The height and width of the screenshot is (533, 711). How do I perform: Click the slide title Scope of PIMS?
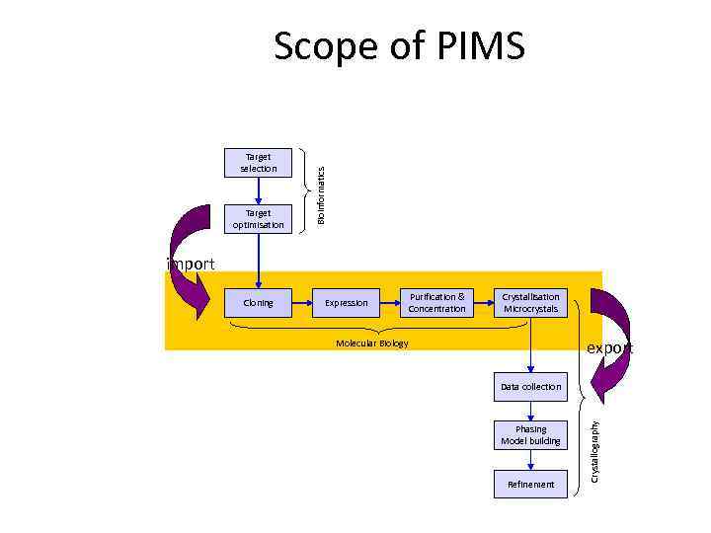click(x=399, y=46)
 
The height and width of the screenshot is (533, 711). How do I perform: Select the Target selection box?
click(x=258, y=163)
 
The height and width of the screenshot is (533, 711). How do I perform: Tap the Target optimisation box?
click(x=258, y=219)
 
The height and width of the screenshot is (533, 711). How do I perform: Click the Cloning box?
click(x=258, y=303)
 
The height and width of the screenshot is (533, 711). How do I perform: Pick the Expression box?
click(x=346, y=303)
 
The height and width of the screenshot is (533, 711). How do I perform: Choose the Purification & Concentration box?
click(x=436, y=303)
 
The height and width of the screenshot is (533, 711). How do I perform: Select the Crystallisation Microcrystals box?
click(x=530, y=303)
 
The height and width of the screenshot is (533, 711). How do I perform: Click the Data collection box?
click(x=530, y=387)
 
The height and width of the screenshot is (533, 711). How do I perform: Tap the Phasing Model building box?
click(x=530, y=435)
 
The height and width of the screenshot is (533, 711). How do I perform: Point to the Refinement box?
click(x=530, y=484)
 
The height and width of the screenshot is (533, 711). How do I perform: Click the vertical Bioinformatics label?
click(x=321, y=192)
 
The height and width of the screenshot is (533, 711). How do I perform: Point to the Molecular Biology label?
click(x=371, y=343)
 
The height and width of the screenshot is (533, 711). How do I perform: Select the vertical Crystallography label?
click(x=594, y=451)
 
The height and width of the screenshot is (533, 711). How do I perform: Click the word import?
click(x=191, y=264)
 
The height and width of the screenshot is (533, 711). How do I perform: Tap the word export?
click(x=610, y=348)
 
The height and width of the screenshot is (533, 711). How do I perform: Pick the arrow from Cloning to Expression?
click(x=302, y=303)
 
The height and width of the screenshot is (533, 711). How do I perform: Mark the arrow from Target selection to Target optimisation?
click(x=258, y=191)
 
